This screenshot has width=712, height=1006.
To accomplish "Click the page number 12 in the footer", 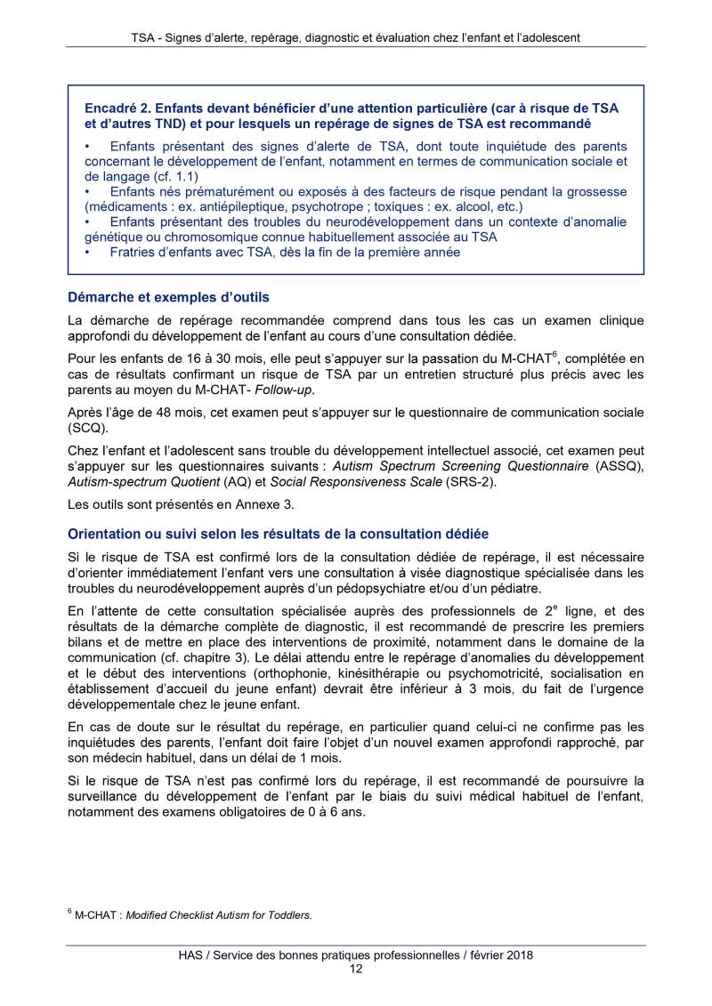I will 355,970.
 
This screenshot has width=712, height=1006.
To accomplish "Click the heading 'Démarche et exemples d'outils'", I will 168,297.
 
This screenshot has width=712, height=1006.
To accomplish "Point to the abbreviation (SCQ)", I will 88,427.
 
